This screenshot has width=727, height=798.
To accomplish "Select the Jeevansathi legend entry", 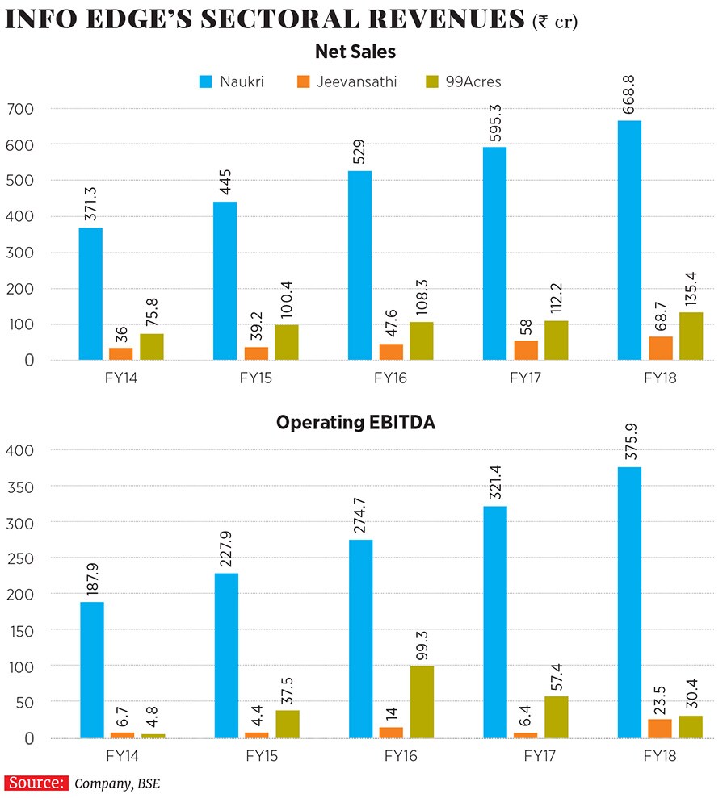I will pyautogui.click(x=347, y=81).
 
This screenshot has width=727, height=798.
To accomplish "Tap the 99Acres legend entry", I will pyautogui.click(x=464, y=81).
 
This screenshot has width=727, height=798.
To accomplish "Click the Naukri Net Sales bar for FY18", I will pyautogui.click(x=629, y=240).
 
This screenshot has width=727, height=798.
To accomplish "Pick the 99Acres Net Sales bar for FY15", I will pyautogui.click(x=286, y=342).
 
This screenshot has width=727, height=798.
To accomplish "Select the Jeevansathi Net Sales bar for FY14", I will pyautogui.click(x=121, y=353).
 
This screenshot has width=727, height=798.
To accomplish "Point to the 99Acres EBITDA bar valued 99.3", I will pyautogui.click(x=422, y=702).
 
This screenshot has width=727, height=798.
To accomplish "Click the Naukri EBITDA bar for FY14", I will pyautogui.click(x=91, y=670).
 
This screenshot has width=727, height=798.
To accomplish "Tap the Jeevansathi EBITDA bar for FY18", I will pyautogui.click(x=660, y=729).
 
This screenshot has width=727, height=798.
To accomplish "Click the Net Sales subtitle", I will pyautogui.click(x=355, y=52).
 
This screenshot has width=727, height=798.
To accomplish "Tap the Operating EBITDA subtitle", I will pyautogui.click(x=355, y=422).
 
